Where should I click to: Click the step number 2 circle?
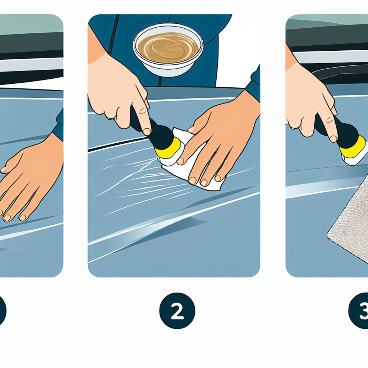pyautogui.click(x=177, y=311)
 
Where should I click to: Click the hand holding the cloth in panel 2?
pyautogui.click(x=216, y=140)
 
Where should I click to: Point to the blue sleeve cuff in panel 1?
pyautogui.click(x=59, y=126)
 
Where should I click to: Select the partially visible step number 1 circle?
pyautogui.click(x=2, y=311)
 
